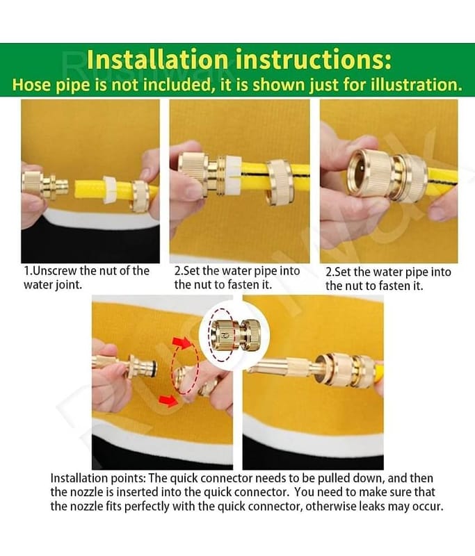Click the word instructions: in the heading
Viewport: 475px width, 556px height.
point(314,60)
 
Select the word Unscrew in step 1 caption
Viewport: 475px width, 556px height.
point(55,271)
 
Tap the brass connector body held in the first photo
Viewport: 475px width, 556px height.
point(40,184)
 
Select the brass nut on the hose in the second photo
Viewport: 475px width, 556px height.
point(279,181)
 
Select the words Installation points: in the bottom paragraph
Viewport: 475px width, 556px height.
point(97,479)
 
